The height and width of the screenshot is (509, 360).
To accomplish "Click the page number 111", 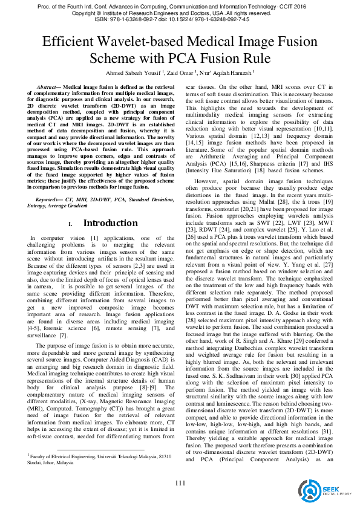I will pos(180,482).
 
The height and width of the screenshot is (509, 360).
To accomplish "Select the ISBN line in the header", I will pos(180,18).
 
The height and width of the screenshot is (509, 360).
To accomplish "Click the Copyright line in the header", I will pos(180,12).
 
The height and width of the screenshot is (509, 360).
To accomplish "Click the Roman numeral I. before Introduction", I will pos(70,224).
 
